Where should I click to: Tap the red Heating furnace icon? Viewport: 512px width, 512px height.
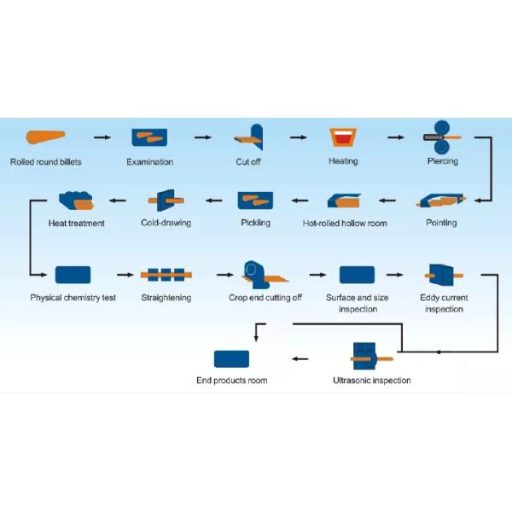pos(343,137)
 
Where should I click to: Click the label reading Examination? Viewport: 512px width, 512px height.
pos(149,161)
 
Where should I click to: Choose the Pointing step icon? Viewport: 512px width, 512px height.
pos(440,201)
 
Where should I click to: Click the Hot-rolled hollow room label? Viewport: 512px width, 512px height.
pos(345,224)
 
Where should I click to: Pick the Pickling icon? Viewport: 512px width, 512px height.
pos(255,201)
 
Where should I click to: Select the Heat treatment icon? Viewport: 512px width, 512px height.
pos(76,201)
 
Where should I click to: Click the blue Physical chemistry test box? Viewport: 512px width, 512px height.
pos(73,275)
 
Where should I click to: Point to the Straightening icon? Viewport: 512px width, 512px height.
pos(166,275)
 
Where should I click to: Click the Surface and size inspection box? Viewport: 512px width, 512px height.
pos(357,275)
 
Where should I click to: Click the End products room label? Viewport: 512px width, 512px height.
pos(231,381)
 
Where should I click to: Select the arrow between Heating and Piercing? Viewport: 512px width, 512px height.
pos(395,137)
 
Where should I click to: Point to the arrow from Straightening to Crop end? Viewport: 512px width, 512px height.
pos(224,275)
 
